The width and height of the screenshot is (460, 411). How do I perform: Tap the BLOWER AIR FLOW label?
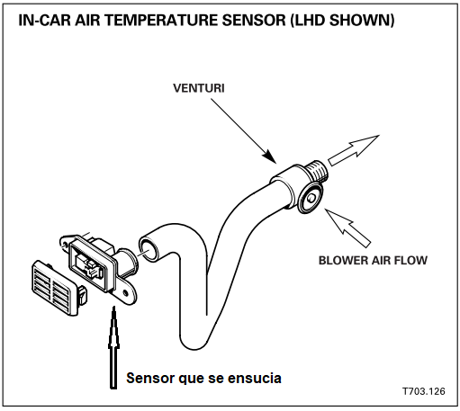coord(373,261)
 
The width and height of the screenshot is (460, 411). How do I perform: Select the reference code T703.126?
coord(423,393)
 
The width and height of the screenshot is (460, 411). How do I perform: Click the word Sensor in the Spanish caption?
coord(152,378)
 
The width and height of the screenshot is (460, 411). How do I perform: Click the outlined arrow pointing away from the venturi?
coord(353,148)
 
